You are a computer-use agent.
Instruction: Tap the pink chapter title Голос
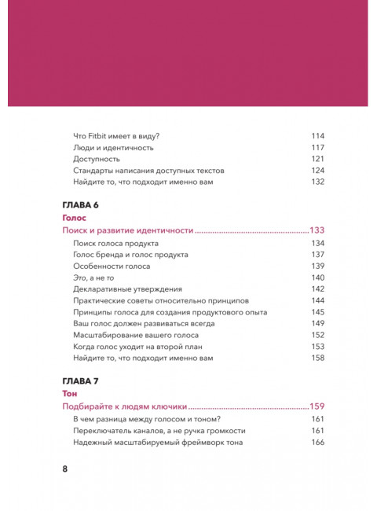[x=74, y=217]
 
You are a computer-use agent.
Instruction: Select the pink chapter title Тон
[x=69, y=393]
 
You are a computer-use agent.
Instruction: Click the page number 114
[x=317, y=135]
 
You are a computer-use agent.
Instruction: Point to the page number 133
[x=317, y=231]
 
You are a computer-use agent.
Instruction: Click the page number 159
[x=317, y=407]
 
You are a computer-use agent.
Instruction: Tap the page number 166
[x=317, y=443]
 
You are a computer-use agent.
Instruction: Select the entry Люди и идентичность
[x=112, y=147]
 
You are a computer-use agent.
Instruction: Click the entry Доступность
[x=97, y=159]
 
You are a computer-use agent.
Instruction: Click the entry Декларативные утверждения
[x=126, y=289]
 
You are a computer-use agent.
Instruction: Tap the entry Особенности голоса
[x=111, y=267]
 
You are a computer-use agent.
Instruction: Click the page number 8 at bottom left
[x=65, y=469]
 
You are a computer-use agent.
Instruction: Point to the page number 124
[x=317, y=170]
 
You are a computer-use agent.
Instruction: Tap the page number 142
[x=317, y=289]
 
